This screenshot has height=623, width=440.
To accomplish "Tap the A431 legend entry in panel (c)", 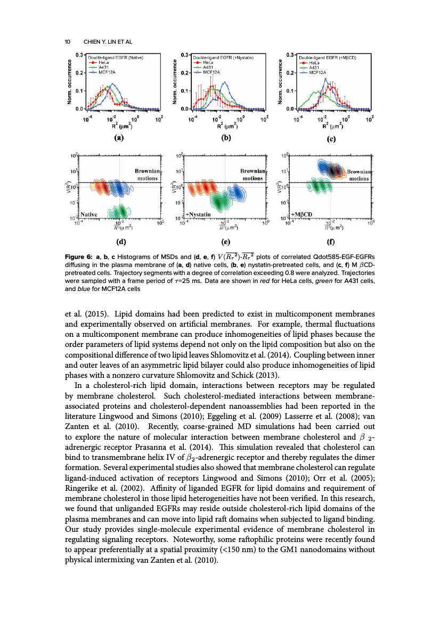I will pos(315,67).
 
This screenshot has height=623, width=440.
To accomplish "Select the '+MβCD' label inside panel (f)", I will pos(302,214).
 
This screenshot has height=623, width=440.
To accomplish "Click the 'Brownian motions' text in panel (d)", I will pos(143,174).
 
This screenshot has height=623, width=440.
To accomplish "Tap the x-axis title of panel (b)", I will pos(224,126).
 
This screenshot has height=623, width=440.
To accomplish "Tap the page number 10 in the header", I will pos(67,42).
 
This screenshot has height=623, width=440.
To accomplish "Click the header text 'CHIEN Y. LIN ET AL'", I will pos(106,42).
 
